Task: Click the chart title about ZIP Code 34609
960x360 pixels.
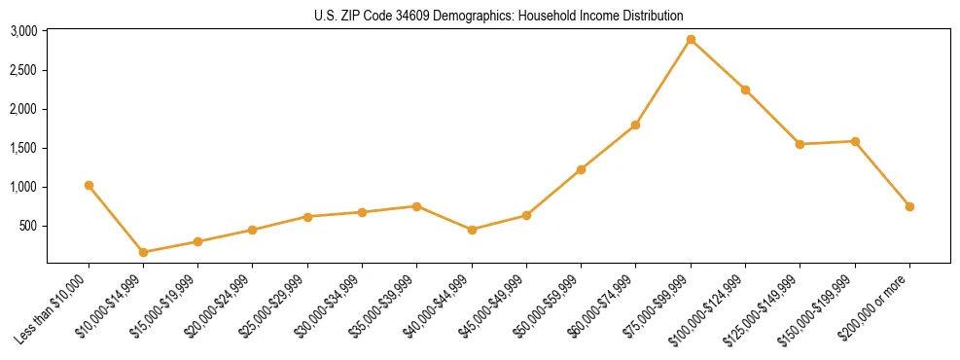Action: click(x=498, y=16)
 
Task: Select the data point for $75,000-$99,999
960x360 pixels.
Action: click(x=691, y=40)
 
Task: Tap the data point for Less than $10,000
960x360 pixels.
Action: click(x=89, y=185)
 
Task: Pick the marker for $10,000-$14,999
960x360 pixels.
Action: click(x=144, y=252)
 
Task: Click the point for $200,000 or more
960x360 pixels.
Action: click(x=909, y=206)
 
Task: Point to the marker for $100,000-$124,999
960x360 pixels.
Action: click(x=745, y=90)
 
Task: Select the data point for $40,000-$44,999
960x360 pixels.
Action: click(x=472, y=230)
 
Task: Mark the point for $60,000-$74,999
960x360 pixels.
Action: click(x=635, y=125)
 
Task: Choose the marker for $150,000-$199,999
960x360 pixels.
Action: click(x=855, y=141)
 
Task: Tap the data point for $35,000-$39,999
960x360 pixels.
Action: click(x=416, y=206)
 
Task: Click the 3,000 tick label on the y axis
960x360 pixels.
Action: click(x=23, y=31)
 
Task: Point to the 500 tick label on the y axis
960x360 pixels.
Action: click(x=27, y=226)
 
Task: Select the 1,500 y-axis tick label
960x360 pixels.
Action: click(x=23, y=148)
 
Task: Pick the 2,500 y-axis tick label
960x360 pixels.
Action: click(x=23, y=70)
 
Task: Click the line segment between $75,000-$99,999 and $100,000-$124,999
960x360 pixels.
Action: click(x=718, y=65)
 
